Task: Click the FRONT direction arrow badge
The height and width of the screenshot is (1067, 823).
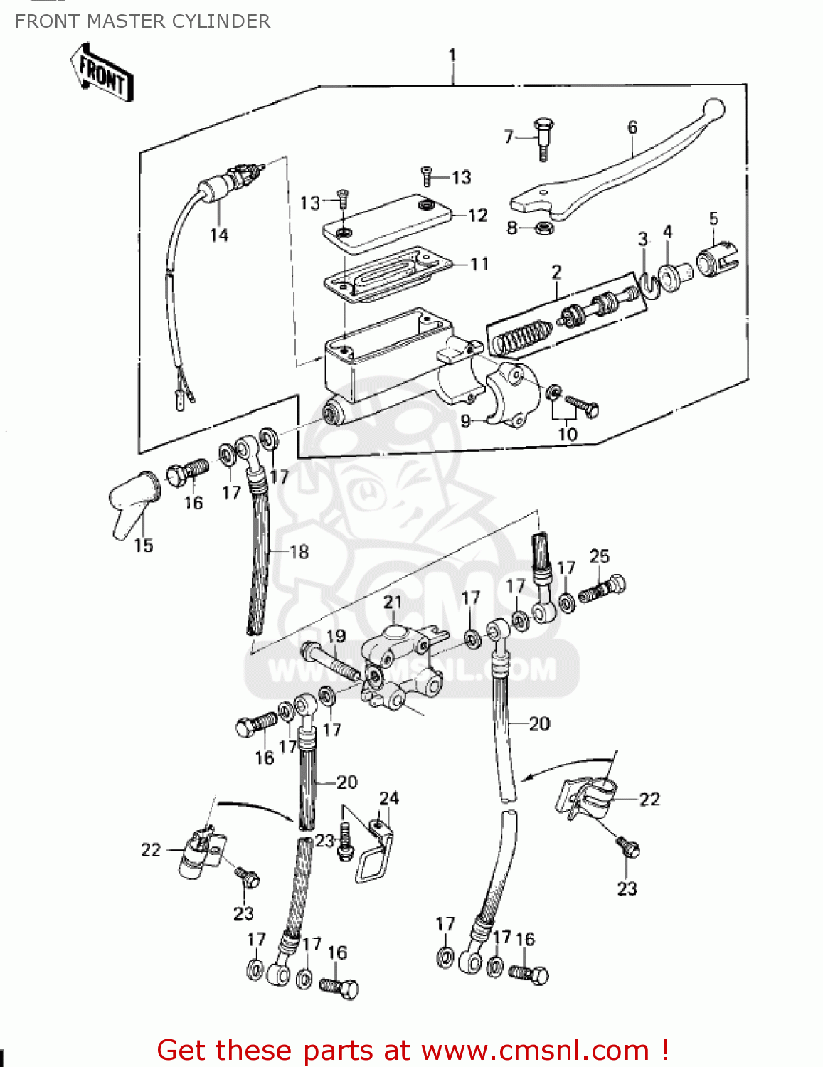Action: (x=102, y=73)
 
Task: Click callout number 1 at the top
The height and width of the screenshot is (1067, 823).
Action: (x=452, y=55)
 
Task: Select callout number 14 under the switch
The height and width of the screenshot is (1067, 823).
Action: (x=219, y=235)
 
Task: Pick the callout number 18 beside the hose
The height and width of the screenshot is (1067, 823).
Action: (x=299, y=551)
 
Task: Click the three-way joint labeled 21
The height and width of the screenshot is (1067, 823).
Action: (x=398, y=662)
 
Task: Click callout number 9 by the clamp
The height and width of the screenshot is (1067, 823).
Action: (x=466, y=421)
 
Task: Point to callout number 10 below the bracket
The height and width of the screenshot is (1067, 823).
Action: (x=567, y=434)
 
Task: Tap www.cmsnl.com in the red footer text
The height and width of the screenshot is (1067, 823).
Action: (x=535, y=1051)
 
